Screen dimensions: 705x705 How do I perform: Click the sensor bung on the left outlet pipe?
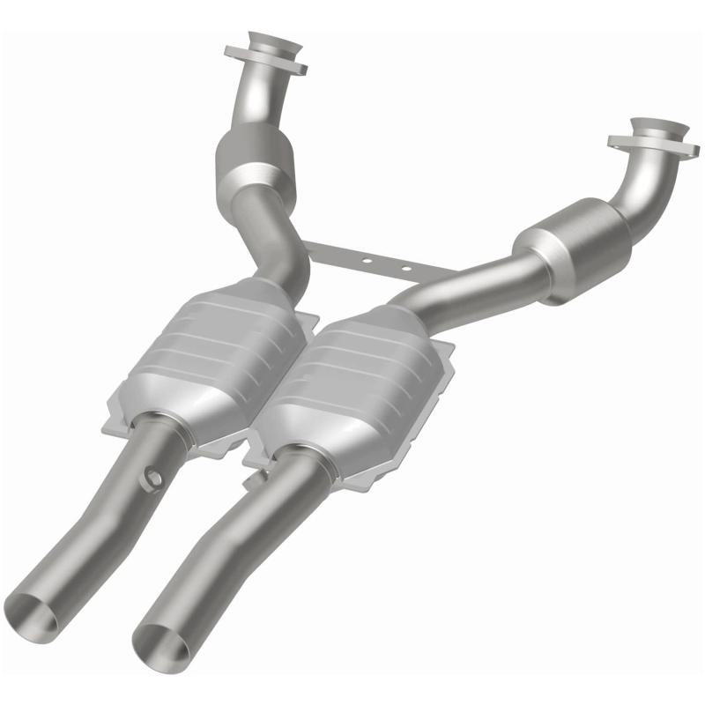tap(155, 477)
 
